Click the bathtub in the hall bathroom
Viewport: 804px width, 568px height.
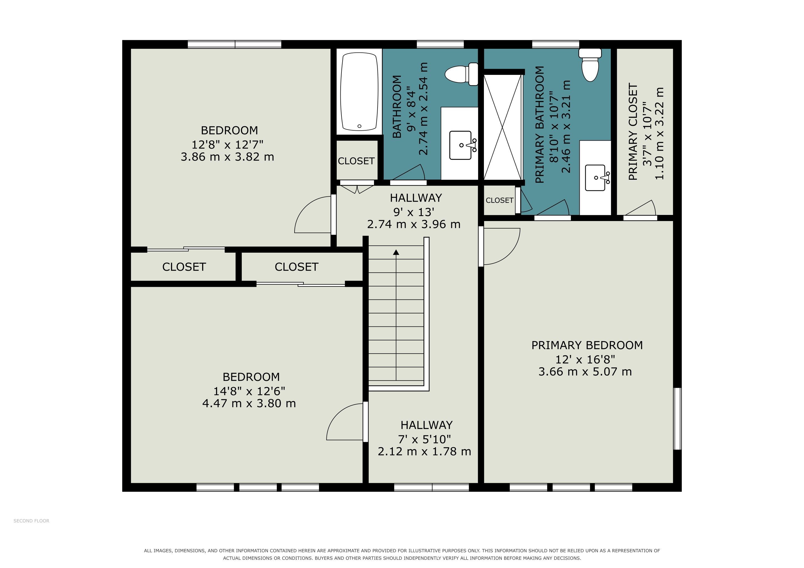359,92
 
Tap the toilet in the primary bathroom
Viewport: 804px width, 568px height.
590,65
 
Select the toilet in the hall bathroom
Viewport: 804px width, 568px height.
461,74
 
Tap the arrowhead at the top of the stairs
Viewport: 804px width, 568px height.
396,252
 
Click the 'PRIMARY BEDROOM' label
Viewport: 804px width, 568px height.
587,345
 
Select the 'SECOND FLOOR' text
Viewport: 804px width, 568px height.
32,521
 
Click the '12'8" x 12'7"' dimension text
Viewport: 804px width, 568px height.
227,144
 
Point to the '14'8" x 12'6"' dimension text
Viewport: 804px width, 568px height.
249,391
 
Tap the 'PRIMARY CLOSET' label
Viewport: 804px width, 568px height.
633,131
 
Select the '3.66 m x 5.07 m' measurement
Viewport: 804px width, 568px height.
585,371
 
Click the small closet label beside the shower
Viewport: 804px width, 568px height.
499,201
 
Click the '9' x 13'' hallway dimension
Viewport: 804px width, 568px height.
414,212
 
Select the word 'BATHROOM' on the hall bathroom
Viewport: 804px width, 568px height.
397,107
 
